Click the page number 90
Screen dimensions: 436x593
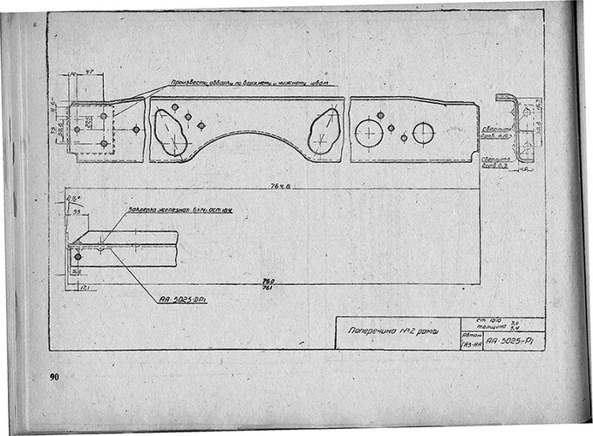(54, 377)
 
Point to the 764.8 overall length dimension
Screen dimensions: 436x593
(278, 185)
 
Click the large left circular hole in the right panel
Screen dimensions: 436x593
(369, 133)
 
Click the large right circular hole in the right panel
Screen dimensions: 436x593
(423, 133)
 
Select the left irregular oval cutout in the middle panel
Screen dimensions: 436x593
(171, 133)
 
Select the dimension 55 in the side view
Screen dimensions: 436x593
(77, 212)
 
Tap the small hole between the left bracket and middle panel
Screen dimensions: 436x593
(136, 129)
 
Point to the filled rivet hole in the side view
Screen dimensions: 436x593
(78, 256)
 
